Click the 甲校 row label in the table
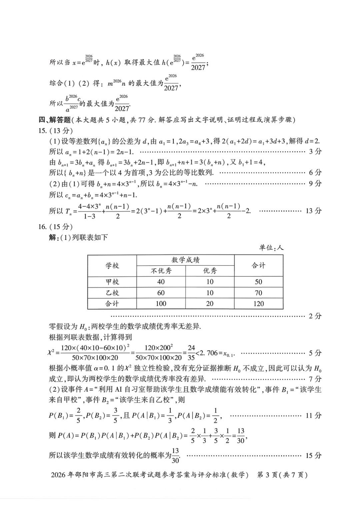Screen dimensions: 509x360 pos(112,282)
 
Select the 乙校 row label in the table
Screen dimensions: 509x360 pos(112,293)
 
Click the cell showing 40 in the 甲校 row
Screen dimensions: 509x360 pos(161,282)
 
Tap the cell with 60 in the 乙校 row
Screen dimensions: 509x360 pos(161,293)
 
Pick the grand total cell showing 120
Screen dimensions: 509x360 pos(258,304)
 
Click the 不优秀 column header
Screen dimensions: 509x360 pos(161,271)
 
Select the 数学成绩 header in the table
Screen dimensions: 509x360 pos(185,260)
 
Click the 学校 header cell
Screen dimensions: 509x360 pos(112,266)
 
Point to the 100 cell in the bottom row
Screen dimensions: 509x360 pos(161,304)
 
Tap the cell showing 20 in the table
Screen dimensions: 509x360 pos(210,304)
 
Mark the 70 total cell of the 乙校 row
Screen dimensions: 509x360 pos(258,293)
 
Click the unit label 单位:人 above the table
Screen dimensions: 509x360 pos(271,247)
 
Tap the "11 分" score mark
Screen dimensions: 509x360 pos(313,415)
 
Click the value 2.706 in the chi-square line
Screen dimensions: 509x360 pos(212,353)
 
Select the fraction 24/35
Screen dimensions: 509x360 pos(191,353)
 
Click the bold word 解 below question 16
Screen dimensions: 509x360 pos(52,238)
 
